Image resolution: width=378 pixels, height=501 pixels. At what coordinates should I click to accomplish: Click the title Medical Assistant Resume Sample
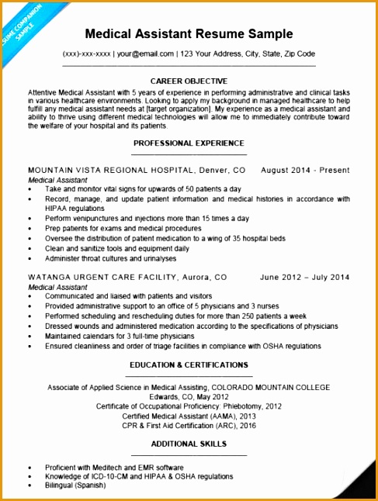click(189, 34)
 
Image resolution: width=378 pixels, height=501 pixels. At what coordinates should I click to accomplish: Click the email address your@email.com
click(145, 54)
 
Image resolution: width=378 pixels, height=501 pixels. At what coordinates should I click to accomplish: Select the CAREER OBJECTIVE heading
click(189, 81)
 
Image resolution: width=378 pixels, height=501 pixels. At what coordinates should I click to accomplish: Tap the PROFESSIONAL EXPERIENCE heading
click(189, 143)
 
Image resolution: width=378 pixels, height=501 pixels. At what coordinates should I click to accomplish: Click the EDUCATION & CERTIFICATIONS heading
click(189, 365)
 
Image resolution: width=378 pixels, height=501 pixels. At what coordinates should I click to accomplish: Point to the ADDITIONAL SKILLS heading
click(189, 444)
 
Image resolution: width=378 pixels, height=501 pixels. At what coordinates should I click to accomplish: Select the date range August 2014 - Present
click(305, 170)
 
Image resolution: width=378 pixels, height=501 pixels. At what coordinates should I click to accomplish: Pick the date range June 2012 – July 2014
click(304, 277)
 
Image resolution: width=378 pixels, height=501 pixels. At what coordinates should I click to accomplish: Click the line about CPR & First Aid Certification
click(189, 425)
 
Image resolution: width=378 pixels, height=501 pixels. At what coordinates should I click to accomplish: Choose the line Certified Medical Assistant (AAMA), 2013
click(189, 416)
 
